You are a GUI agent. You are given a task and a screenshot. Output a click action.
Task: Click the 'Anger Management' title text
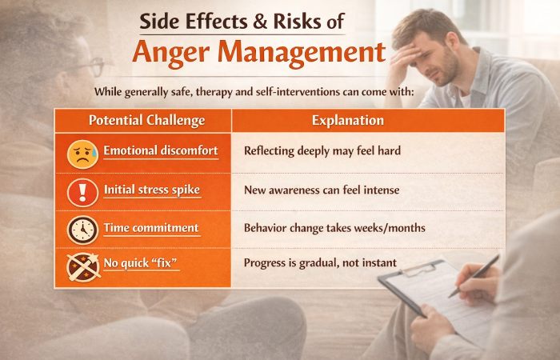click(258, 53)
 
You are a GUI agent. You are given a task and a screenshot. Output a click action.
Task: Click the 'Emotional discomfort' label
click(160, 150)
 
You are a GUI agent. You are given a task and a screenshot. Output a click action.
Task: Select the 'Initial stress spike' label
click(152, 190)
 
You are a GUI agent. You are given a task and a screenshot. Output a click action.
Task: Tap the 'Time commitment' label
click(150, 228)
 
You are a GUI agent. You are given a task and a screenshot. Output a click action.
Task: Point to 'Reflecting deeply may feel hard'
click(322, 150)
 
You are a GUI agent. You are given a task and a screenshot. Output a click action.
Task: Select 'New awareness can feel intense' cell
click(322, 190)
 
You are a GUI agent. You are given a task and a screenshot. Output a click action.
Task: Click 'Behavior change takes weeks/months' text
click(334, 228)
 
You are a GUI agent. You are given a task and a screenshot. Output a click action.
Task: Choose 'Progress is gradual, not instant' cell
click(320, 263)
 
